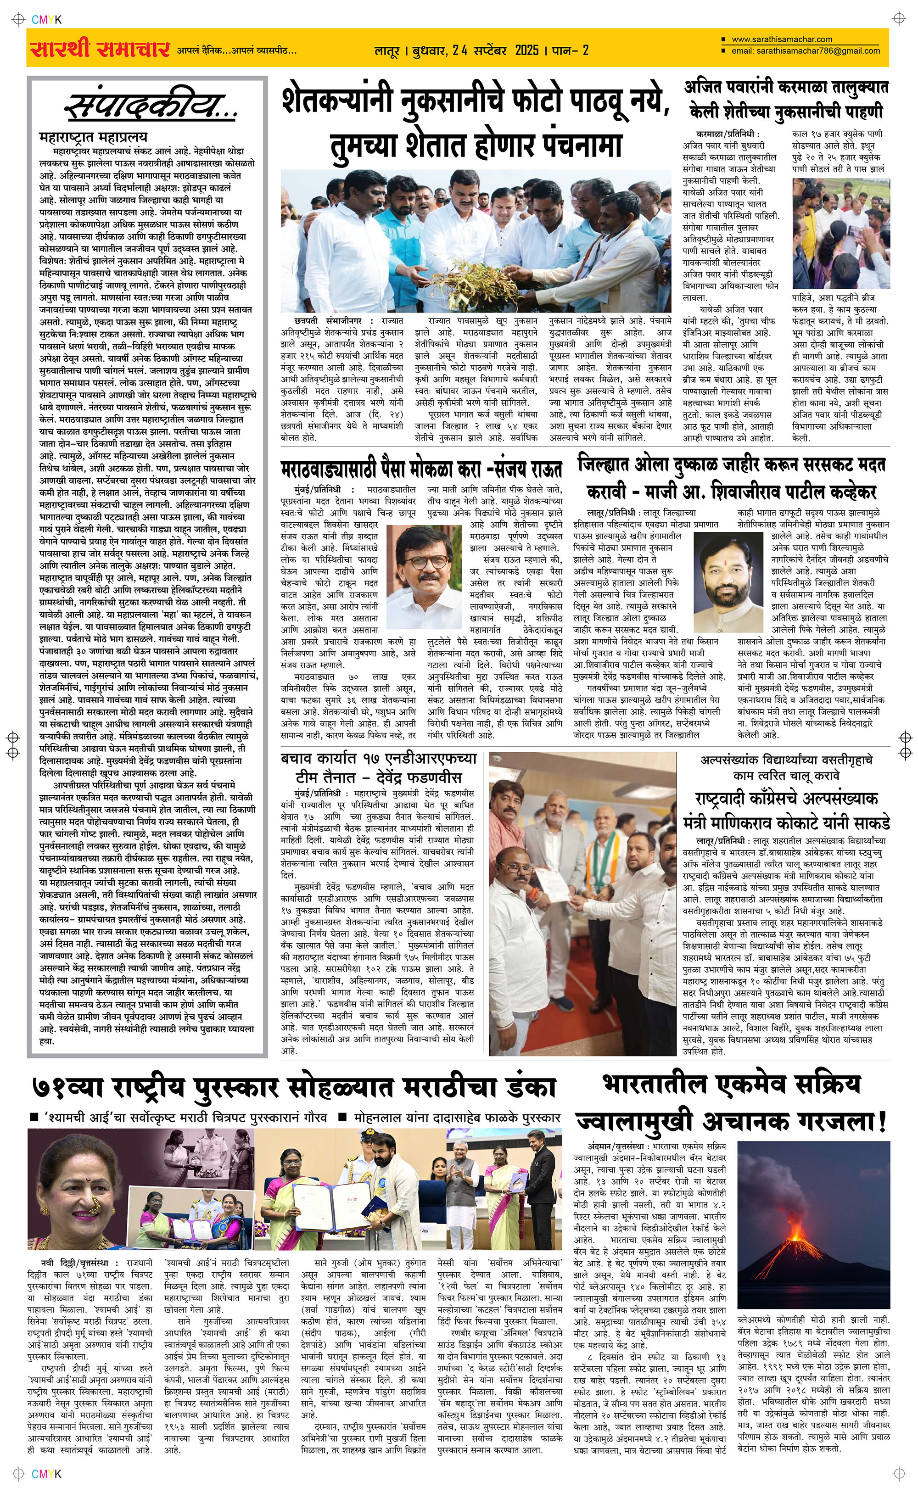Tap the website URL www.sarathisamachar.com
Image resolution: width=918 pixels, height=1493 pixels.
[781, 39]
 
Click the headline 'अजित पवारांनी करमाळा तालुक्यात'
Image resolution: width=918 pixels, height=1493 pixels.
[786, 87]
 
